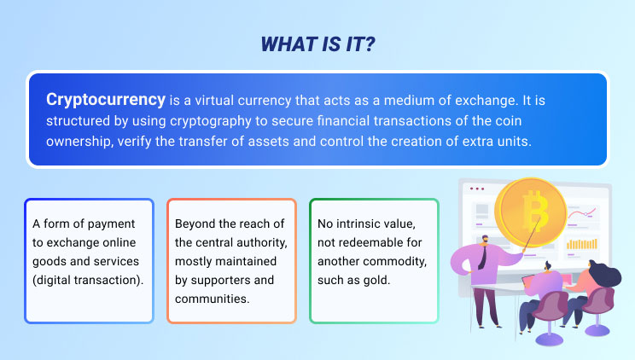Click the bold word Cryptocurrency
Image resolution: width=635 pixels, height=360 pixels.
click(106, 100)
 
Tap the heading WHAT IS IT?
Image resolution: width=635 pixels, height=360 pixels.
click(317, 44)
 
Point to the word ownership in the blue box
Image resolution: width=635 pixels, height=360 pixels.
click(79, 142)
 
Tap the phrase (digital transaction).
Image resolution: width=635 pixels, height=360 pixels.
click(88, 280)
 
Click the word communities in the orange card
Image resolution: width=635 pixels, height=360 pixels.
click(213, 299)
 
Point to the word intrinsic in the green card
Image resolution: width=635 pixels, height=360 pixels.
click(356, 224)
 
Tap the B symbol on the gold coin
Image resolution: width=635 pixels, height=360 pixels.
click(535, 211)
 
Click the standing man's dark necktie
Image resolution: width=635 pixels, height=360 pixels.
click(482, 257)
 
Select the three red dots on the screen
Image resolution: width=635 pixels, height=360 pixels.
click(476, 189)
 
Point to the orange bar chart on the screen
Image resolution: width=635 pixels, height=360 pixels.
click(581, 244)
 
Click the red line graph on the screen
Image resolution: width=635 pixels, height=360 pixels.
click(581, 212)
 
